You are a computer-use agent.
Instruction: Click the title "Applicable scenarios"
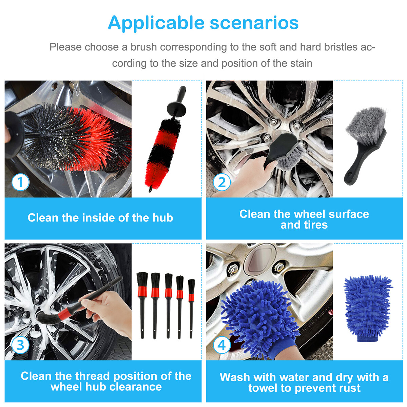pos(203,23)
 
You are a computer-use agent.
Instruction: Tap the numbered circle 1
pos(20,182)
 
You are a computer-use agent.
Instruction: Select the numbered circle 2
pos(222,182)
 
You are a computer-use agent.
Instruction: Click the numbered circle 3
pos(20,345)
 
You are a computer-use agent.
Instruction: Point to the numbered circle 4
pos(222,345)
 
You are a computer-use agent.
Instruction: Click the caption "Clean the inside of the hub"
pos(100,218)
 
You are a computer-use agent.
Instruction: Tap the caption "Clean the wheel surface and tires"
pos(304,219)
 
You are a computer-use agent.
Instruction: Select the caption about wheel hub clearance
pos(106,381)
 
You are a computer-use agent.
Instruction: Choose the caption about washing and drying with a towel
pos(304,382)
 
